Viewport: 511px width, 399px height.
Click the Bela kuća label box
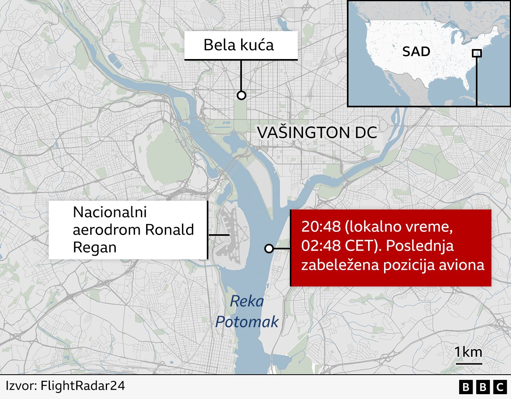241,45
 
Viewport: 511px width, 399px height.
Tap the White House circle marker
241,95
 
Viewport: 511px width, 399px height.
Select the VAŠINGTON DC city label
317,132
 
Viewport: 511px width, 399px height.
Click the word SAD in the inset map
416,51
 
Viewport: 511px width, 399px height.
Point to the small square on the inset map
477,53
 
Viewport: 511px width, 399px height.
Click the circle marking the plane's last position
269,249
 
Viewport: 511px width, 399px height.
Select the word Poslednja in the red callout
420,245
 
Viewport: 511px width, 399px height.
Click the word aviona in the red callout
465,265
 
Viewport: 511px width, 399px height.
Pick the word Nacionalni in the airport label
110,212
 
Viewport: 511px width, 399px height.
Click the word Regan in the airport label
95,247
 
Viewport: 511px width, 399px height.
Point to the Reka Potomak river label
247,312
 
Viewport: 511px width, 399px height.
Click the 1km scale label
468,352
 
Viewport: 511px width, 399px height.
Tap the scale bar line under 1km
469,363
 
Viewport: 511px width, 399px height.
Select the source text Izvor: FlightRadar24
65,386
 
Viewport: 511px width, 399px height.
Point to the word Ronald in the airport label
170,230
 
